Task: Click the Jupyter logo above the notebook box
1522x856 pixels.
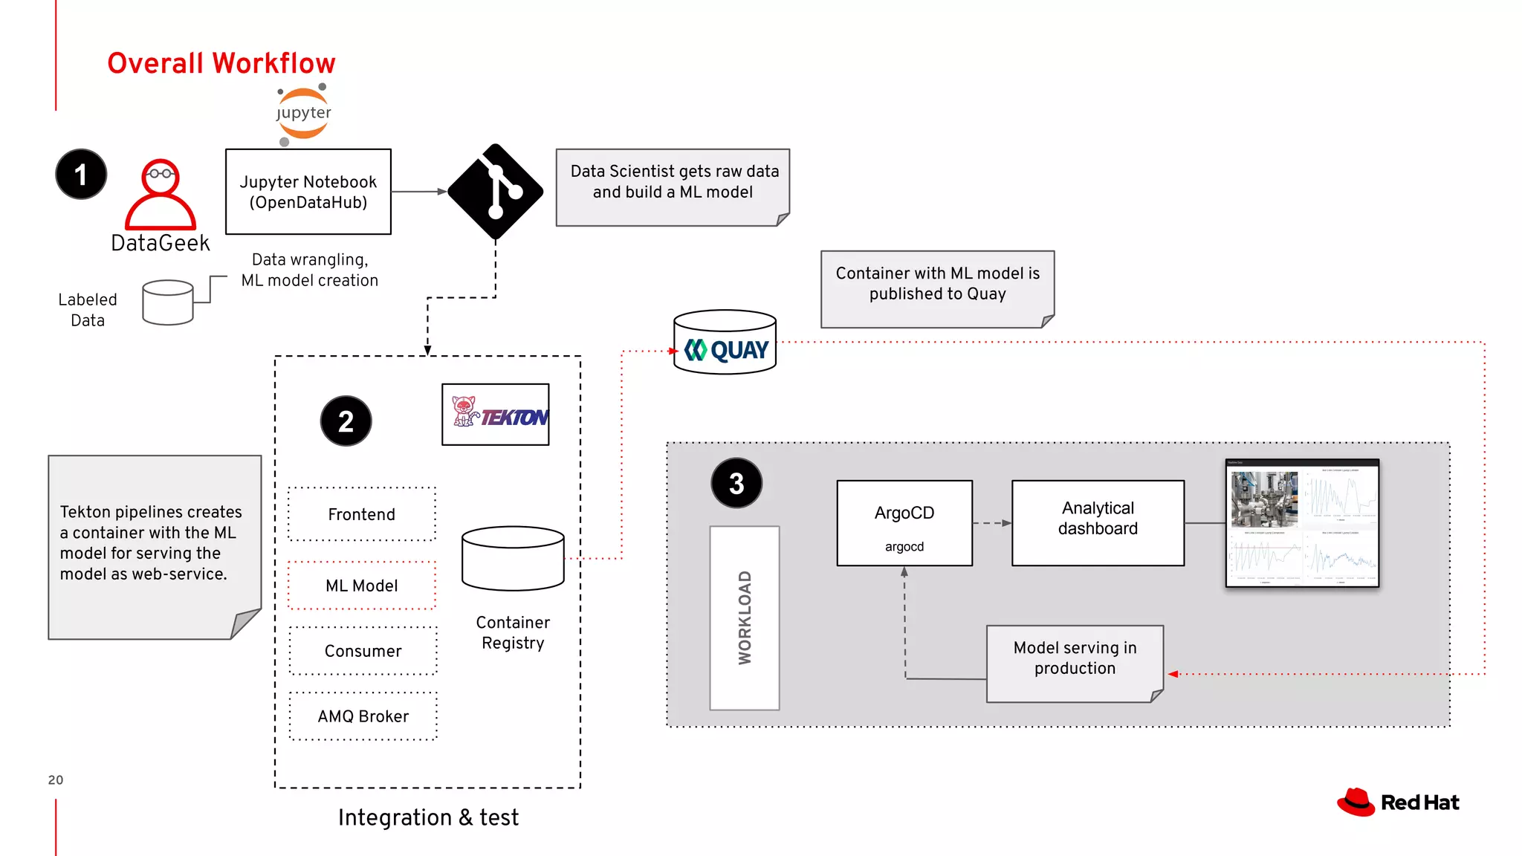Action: [x=303, y=114]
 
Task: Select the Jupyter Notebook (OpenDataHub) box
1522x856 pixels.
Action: [x=308, y=192]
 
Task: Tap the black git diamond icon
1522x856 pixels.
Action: [x=496, y=192]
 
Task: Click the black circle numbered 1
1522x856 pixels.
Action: [x=81, y=175]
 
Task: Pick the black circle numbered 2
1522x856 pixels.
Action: [x=346, y=421]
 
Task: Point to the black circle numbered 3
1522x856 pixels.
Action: [x=736, y=483]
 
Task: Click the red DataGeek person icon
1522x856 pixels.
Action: [x=161, y=195]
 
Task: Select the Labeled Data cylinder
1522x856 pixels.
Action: [x=168, y=302]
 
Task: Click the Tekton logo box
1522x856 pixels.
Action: [x=496, y=415]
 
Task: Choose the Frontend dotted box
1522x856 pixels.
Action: [x=362, y=514]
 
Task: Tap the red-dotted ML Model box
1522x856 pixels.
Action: [x=362, y=586]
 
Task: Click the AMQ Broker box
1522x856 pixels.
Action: [x=363, y=716]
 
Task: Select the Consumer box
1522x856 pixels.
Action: [x=363, y=651]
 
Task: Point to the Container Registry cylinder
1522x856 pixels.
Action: [x=513, y=559]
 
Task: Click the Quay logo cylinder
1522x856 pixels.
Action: [x=725, y=343]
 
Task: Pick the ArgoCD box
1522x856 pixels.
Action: [x=904, y=523]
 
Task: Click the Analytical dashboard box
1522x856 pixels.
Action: [x=1098, y=523]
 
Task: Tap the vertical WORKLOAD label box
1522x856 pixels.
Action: [x=745, y=618]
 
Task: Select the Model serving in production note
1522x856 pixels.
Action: [x=1075, y=664]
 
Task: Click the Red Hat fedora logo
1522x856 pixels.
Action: [x=1357, y=802]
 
